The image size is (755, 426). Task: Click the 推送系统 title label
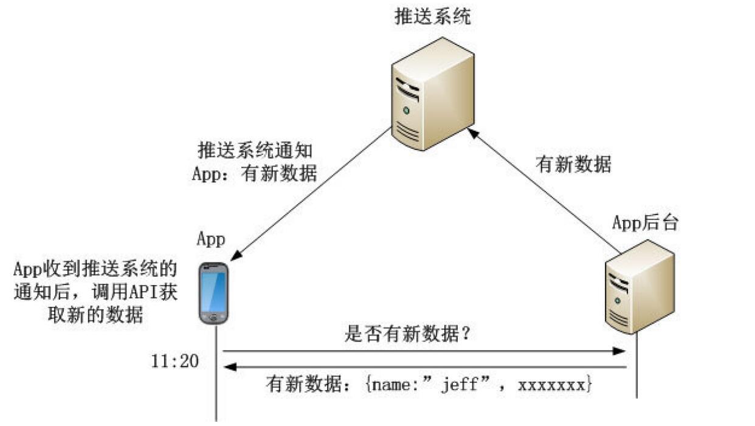[432, 16]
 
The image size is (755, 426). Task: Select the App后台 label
[644, 223]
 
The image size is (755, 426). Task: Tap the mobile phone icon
[214, 293]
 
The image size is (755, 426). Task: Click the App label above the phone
[210, 239]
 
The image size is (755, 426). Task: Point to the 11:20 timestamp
[174, 361]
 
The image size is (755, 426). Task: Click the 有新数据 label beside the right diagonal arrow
[573, 163]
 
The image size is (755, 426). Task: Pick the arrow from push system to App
[310, 194]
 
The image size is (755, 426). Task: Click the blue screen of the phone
[213, 290]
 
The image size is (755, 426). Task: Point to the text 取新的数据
[97, 316]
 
